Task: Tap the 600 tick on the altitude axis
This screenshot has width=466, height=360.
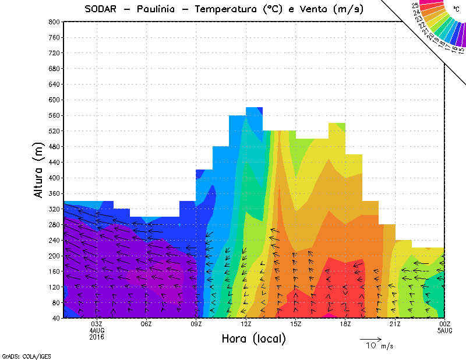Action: [x=54, y=100]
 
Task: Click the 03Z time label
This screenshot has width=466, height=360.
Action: [x=97, y=324]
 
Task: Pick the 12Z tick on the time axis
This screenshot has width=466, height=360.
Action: [x=246, y=324]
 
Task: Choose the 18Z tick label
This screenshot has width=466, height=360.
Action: [x=345, y=324]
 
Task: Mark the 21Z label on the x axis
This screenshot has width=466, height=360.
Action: [x=395, y=324]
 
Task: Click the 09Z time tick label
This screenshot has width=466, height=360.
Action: [x=196, y=324]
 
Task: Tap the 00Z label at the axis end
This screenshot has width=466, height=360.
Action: [x=444, y=324]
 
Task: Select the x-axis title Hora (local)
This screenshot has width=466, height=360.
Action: [x=253, y=339]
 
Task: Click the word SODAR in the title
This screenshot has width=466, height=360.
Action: [x=101, y=9]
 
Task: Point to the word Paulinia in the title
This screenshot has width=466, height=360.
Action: [x=157, y=9]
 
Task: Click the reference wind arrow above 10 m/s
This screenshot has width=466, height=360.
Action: [x=370, y=338]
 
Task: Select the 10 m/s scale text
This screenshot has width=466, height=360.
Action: [x=379, y=346]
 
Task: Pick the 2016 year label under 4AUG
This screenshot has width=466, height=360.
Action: [x=97, y=337]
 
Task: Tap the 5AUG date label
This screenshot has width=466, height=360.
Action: [x=444, y=330]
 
